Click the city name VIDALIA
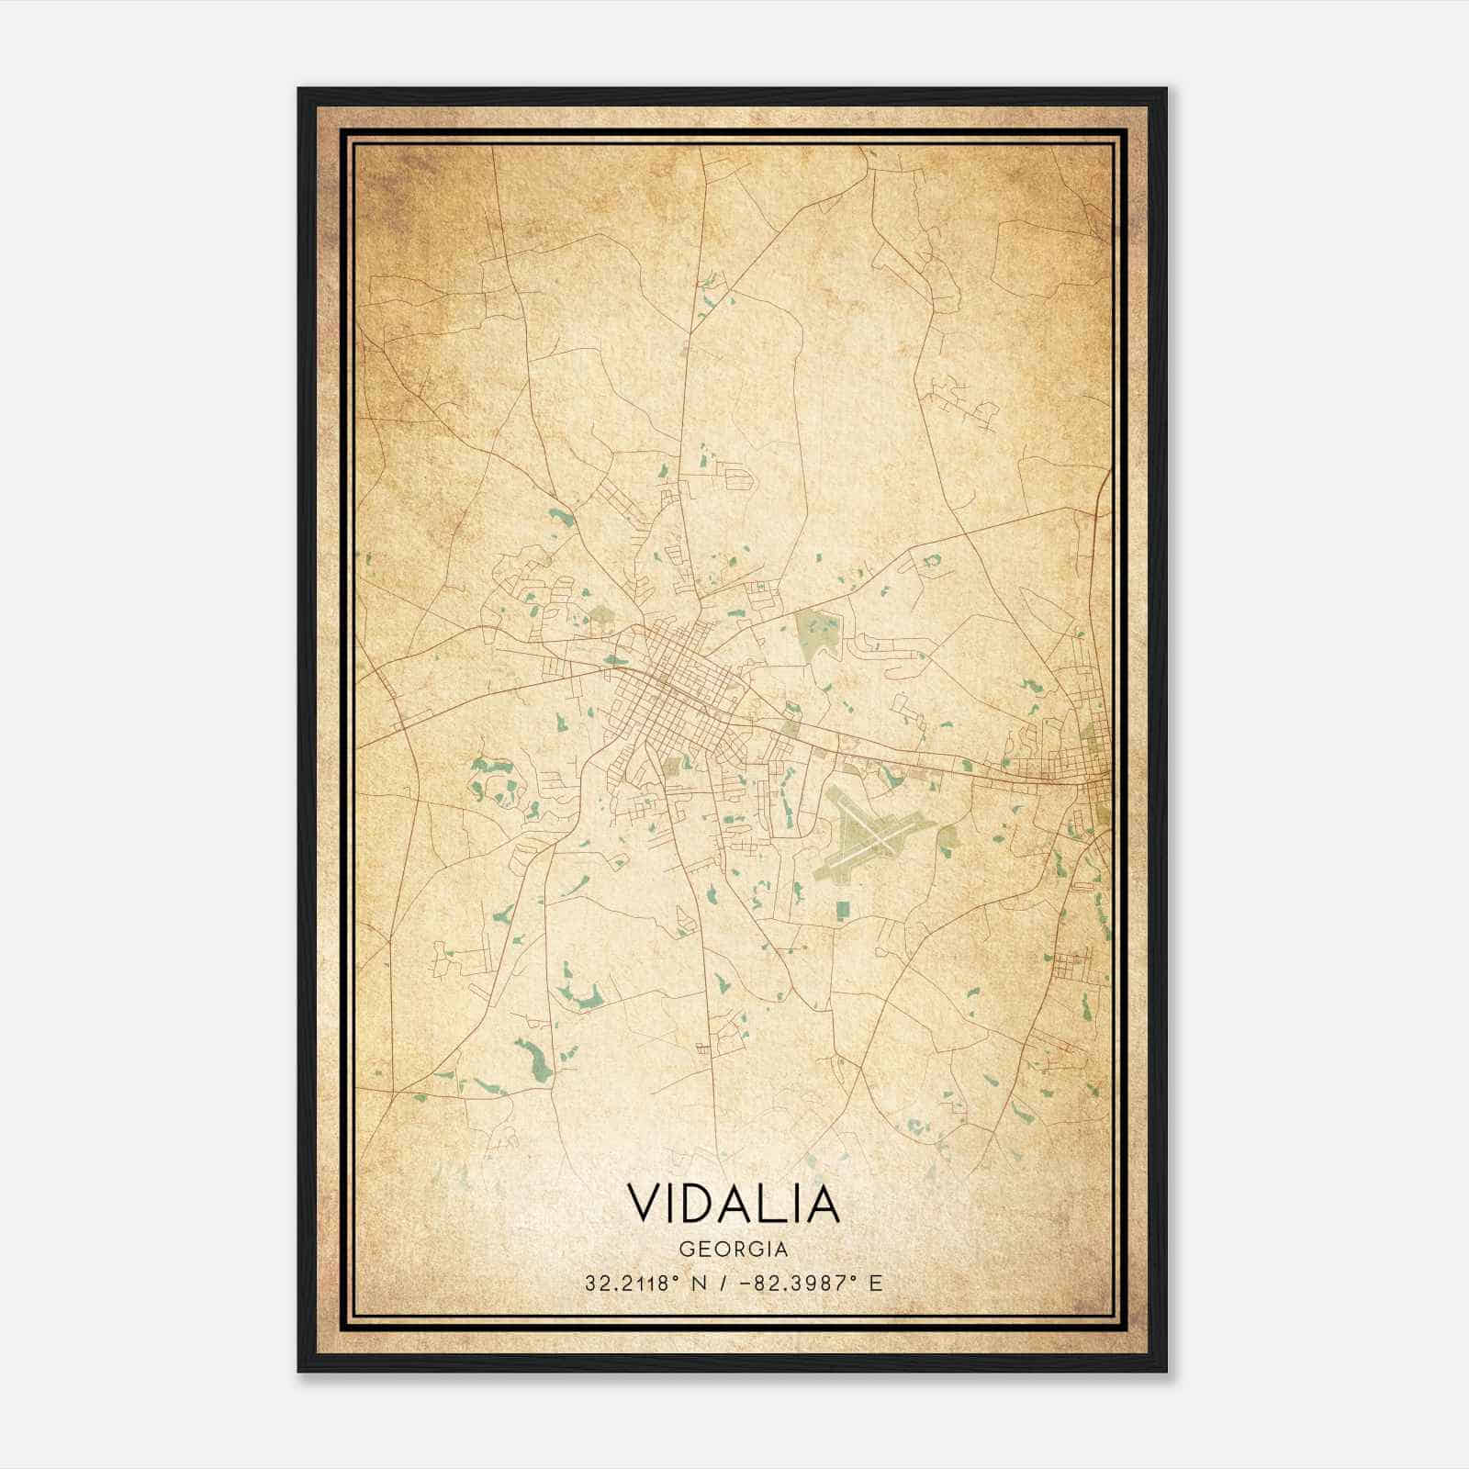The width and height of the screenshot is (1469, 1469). coord(733,1205)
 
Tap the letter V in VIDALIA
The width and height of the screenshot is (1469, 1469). coord(646,1205)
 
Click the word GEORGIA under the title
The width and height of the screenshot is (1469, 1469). coord(733,1250)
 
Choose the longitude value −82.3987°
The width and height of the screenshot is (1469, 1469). coord(794,1284)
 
